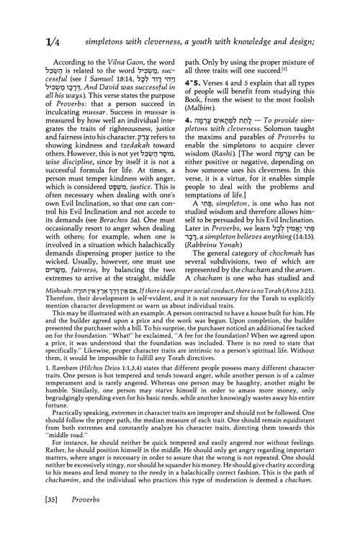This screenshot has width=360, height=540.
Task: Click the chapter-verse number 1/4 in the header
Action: pos(31,24)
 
